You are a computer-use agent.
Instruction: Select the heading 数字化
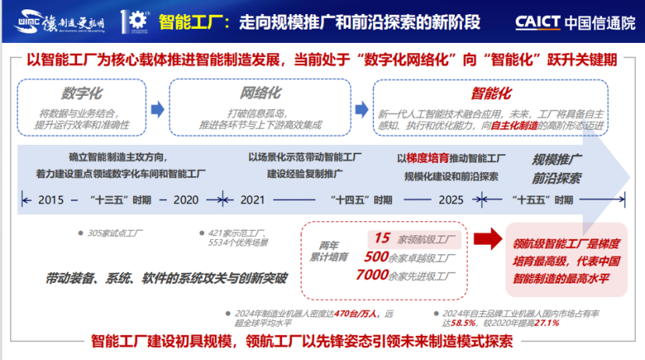[x=82, y=94]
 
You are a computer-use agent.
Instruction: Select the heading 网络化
[x=259, y=94]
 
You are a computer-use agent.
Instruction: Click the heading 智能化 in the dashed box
[x=491, y=94]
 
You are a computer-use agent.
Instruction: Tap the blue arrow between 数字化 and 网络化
[x=157, y=109]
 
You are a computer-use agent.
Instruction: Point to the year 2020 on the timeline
[x=186, y=199]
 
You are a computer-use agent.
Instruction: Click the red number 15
[x=382, y=238]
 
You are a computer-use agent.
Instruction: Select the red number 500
[x=376, y=256]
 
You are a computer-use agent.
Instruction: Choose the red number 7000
[x=372, y=274]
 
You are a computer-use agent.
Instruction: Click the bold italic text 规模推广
[x=556, y=160]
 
